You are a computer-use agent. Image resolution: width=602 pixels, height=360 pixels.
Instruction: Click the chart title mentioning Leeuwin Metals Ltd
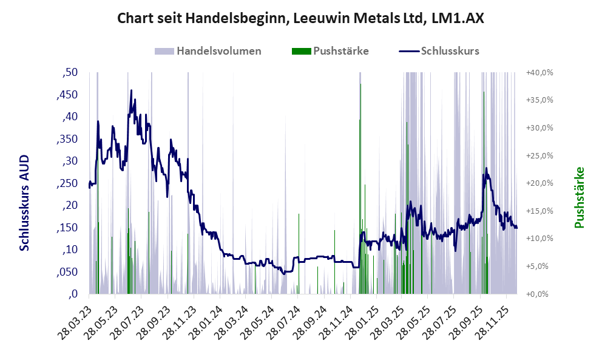pos(300,19)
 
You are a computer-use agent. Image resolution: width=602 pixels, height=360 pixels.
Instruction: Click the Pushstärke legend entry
pos(340,51)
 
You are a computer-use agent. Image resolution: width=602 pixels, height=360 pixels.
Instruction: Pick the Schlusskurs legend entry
pos(450,51)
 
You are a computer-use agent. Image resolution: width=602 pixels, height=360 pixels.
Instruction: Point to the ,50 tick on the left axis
pos(70,73)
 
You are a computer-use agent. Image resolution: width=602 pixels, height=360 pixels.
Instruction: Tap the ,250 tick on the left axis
pos(67,183)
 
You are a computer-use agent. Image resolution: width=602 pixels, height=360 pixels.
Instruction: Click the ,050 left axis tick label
pos(67,272)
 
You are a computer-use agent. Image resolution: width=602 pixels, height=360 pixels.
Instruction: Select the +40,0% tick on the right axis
pos(539,73)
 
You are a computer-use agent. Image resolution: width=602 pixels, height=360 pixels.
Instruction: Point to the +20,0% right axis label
pos(539,183)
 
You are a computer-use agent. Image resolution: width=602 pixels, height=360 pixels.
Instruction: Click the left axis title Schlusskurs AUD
pos(24,202)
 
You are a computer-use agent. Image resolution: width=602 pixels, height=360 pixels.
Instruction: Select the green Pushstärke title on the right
pos(579,197)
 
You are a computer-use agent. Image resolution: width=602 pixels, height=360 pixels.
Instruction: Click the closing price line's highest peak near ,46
pos(131,91)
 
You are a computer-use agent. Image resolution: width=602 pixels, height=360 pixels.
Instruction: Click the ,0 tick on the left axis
pos(73,294)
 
